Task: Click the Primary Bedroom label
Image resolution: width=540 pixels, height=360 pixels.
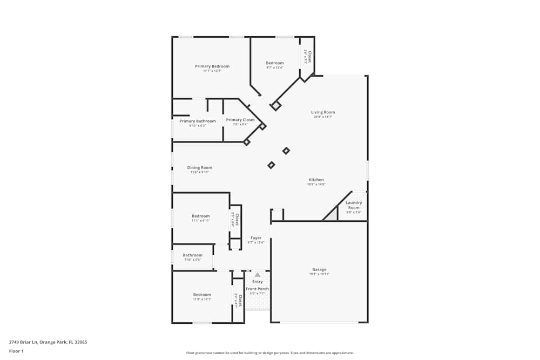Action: [x=212, y=66]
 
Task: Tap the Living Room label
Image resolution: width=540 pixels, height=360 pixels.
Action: [x=323, y=112]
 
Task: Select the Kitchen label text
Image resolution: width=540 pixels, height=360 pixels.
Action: [x=316, y=180]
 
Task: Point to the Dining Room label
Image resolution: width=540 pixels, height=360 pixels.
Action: [x=200, y=167]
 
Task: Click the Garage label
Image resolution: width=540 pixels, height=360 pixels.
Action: [x=319, y=269]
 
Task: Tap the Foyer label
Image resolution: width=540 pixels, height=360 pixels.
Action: [x=256, y=238]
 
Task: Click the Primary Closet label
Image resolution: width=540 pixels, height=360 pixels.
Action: [x=240, y=120]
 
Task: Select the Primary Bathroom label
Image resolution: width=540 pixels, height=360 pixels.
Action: [x=198, y=121]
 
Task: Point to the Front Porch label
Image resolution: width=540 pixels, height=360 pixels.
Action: [x=258, y=289]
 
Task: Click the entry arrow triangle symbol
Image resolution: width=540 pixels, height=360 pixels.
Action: [x=258, y=275]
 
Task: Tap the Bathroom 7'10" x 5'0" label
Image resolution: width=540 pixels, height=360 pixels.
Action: [x=192, y=255]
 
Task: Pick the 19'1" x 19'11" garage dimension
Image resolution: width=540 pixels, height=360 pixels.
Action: [x=319, y=274]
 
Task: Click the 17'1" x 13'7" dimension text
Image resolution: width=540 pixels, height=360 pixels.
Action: [x=212, y=71]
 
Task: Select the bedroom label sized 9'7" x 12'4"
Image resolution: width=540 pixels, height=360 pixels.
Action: [x=275, y=63]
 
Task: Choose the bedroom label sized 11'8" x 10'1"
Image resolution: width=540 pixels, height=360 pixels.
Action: [x=202, y=295]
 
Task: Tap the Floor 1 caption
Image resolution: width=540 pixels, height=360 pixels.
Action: [x=16, y=351]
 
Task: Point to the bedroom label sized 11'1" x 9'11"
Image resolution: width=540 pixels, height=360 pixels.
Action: [x=200, y=216]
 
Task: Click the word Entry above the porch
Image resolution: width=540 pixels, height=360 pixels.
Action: [x=258, y=282]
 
